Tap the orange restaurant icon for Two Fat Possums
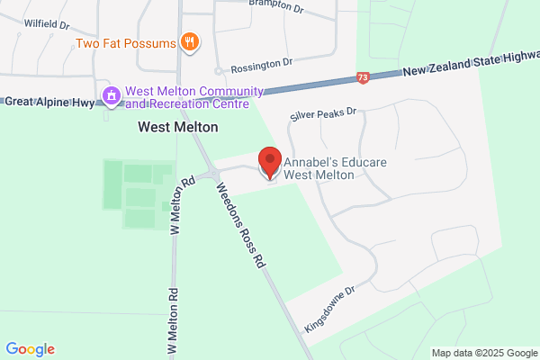[x=189, y=40]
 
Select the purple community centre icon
[x=112, y=95]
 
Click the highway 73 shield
[x=361, y=78]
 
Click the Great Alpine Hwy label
[x=49, y=102]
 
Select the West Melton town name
[x=177, y=128]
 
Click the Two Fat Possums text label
[x=125, y=41]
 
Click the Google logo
[x=30, y=349]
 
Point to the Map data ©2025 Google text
[x=482, y=352]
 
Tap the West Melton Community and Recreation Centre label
[x=193, y=97]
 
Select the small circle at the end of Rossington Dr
[x=218, y=70]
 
